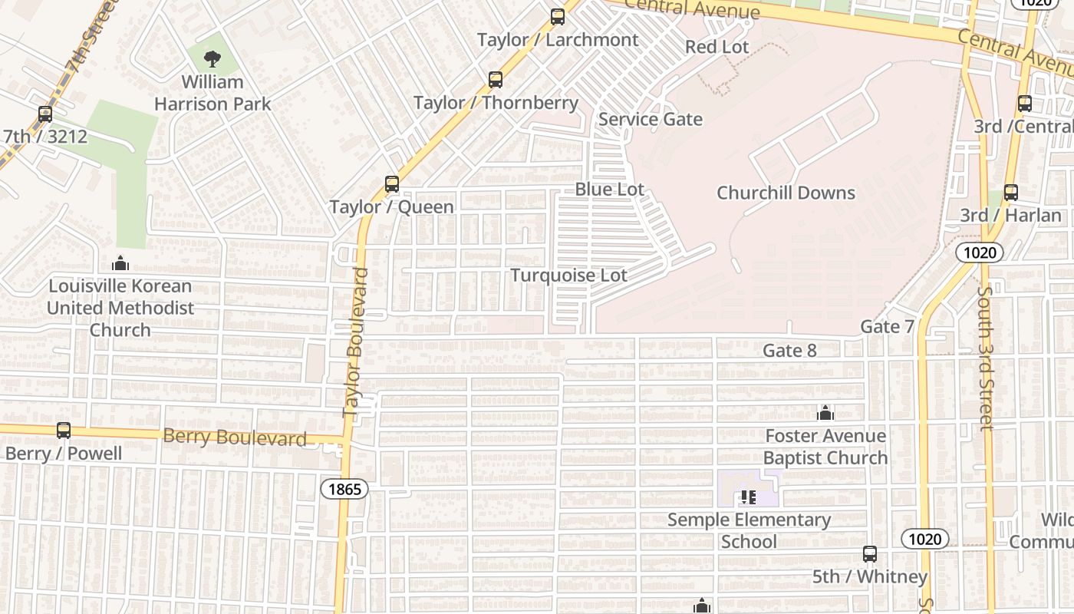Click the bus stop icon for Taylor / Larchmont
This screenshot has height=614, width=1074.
tap(558, 16)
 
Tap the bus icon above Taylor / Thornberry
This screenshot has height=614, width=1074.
tap(496, 79)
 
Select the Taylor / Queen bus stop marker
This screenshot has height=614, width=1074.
tap(392, 184)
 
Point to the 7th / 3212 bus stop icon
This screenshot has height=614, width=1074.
tap(45, 114)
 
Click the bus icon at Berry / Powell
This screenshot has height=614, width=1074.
tap(64, 431)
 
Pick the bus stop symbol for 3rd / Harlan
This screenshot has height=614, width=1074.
tap(1011, 193)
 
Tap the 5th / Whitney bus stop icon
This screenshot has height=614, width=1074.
tap(870, 553)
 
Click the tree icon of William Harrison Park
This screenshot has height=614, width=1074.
tap(212, 58)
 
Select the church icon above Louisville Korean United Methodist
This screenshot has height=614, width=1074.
tap(120, 264)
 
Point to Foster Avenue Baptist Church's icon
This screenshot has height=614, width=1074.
tap(825, 414)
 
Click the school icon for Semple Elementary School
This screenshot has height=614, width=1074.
tap(749, 497)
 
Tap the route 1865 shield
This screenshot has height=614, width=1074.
tap(344, 489)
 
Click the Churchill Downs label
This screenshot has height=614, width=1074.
tap(786, 193)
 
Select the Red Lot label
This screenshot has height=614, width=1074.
tap(717, 47)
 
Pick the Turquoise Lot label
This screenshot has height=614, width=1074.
tap(569, 276)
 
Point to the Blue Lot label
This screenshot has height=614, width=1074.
tap(610, 189)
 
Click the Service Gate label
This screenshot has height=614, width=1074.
tap(651, 119)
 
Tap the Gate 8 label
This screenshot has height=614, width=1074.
tap(789, 351)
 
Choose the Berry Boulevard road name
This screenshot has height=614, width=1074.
tap(235, 437)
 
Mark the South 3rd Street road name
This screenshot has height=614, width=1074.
tap(986, 358)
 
